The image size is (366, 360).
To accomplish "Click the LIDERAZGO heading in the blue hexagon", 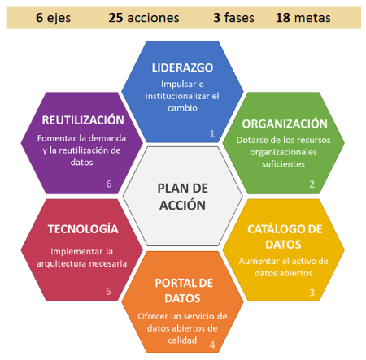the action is (182, 67).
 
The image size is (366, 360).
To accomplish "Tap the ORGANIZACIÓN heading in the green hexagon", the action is (285, 124).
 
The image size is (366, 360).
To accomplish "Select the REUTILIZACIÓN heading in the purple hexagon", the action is (83, 120).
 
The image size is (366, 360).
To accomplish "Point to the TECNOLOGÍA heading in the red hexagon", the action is (83, 229).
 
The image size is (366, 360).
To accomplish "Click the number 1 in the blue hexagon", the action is (212, 133).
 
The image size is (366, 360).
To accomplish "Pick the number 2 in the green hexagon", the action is (312, 184).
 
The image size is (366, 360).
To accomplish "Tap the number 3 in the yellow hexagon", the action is (312, 293).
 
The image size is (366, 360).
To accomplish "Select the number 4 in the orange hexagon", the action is (212, 345).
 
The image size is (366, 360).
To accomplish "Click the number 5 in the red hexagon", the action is (108, 291).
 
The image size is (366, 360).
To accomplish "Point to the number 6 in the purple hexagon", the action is (109, 184).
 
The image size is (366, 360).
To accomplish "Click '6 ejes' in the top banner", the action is (54, 18).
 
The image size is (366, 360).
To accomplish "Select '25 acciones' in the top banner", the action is (144, 18).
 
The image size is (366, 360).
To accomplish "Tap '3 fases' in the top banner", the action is (233, 18).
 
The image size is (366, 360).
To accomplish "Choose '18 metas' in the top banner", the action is (303, 18).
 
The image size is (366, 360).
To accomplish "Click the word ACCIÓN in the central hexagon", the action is (182, 205).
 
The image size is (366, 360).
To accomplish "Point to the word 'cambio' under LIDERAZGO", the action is (182, 108).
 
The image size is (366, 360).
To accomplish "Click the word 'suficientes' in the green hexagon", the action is (283, 163).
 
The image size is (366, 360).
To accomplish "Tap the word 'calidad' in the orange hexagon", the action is (182, 340).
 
